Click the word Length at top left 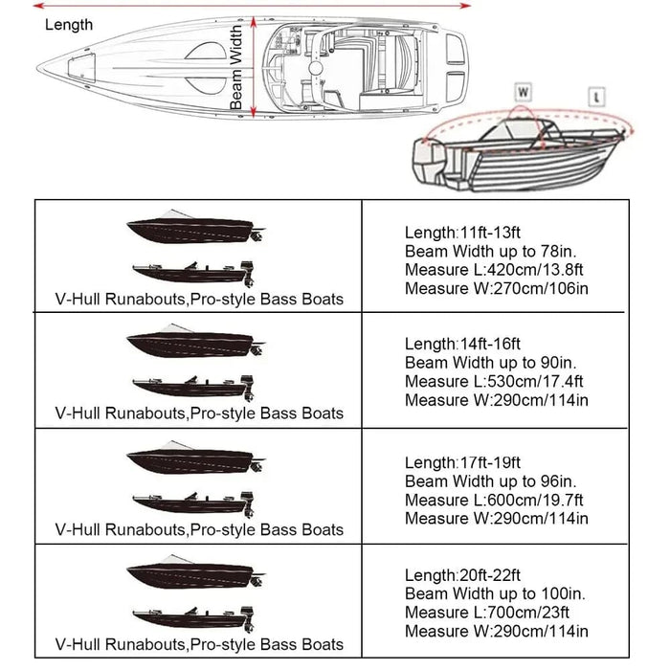(x=69, y=25)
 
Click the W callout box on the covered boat (x=524, y=92)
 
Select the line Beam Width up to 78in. (x=483, y=251)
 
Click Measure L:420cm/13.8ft (x=495, y=269)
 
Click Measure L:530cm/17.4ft (x=495, y=381)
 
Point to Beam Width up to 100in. (x=487, y=593)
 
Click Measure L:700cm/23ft (x=487, y=612)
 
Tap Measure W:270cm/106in (x=496, y=288)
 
